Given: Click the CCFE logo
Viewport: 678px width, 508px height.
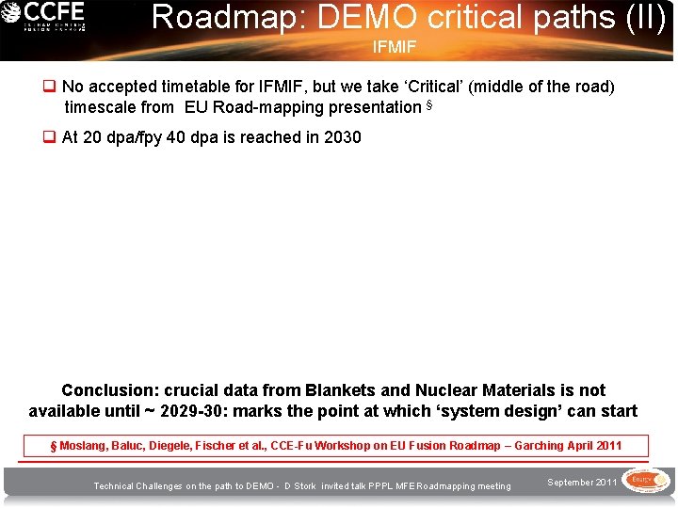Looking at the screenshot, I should (44, 17).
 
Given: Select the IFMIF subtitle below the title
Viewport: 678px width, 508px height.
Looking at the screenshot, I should (394, 45).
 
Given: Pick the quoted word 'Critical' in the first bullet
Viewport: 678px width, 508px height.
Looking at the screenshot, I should (432, 87).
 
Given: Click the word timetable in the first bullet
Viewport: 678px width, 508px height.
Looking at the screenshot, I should (184, 87).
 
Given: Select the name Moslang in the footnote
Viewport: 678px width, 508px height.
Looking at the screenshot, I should (85, 446).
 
